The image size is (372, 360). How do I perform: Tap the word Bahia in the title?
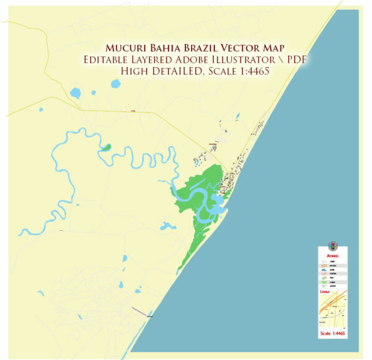159,48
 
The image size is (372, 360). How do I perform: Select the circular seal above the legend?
333,246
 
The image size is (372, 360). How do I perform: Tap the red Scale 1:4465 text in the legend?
333,334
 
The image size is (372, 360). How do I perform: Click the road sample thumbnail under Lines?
332,312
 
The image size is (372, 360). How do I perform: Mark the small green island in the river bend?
107,148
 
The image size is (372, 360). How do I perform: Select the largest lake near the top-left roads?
76,94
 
